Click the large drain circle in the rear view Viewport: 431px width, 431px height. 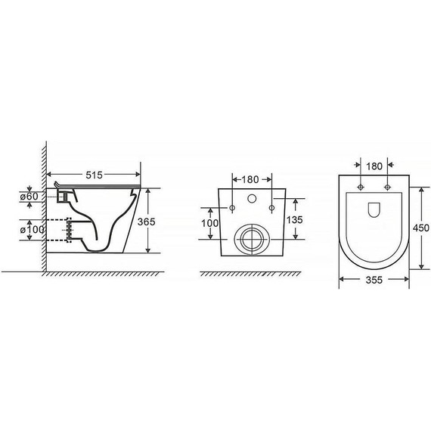(x=249, y=238)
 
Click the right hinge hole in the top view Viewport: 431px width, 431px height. (x=387, y=186)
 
